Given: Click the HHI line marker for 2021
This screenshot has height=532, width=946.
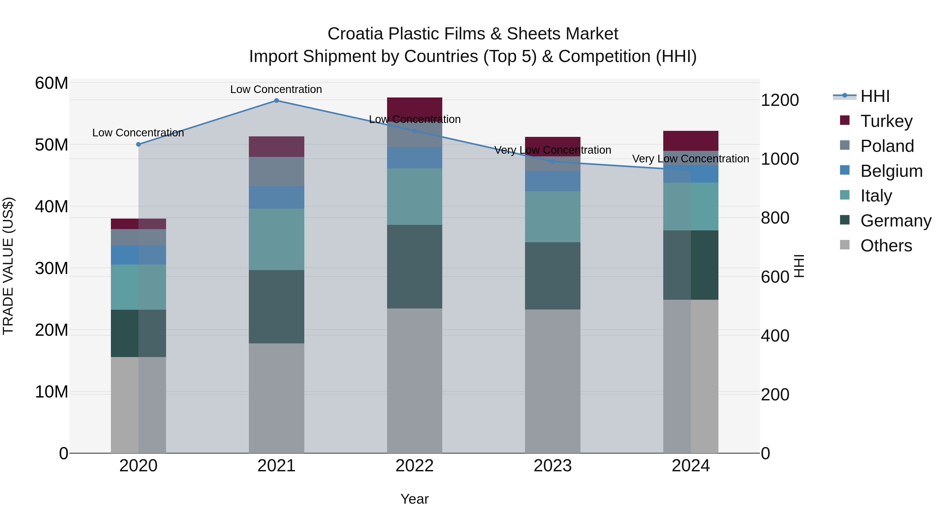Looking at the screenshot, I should (x=276, y=101).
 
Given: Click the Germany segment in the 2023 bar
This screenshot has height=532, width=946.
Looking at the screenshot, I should (x=553, y=276).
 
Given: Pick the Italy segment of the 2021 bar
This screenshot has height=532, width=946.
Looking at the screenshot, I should (x=276, y=239).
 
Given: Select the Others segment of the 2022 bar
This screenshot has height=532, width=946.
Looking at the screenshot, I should (x=415, y=380).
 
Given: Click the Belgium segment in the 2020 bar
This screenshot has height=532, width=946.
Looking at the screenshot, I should (x=138, y=255).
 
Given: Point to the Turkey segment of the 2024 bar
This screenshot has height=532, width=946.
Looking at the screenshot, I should (x=691, y=141).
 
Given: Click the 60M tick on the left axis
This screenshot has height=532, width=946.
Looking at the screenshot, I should (x=52, y=83).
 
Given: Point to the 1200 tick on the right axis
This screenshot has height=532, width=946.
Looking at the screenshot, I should (x=780, y=100).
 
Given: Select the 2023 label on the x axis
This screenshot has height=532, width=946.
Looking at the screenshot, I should (x=553, y=466).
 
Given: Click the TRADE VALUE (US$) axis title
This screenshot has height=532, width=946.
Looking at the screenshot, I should (x=8, y=266).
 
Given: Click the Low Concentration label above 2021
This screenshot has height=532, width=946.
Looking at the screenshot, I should (x=276, y=89).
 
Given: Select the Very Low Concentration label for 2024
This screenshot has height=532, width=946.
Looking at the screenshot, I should (x=690, y=159).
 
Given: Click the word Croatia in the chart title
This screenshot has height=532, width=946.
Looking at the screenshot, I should (x=356, y=34).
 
